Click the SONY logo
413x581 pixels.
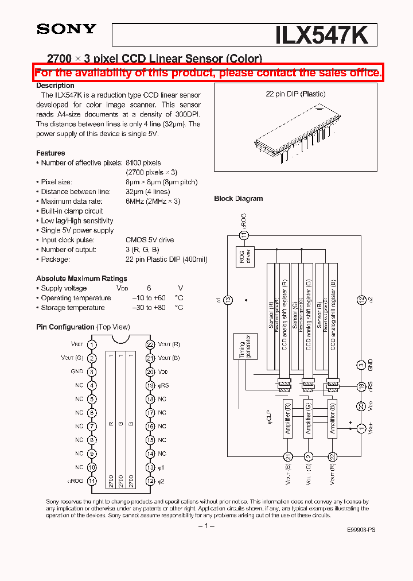pyautogui.click(x=67, y=29)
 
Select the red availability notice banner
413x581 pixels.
pyautogui.click(x=208, y=73)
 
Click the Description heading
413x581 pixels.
pyautogui.click(x=55, y=86)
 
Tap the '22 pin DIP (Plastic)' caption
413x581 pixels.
pyautogui.click(x=295, y=94)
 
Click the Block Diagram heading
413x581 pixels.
pyautogui.click(x=238, y=199)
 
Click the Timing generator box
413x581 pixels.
pyautogui.click(x=246, y=347)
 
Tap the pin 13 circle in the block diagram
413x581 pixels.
pyautogui.click(x=228, y=299)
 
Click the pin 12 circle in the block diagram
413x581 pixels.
pyautogui.click(x=361, y=299)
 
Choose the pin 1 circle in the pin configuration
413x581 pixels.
pyautogui.click(x=92, y=344)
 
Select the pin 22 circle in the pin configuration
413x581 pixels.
pyautogui.click(x=150, y=344)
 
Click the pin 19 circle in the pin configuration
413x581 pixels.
pyautogui.click(x=150, y=385)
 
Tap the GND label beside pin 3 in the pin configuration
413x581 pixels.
pyautogui.click(x=77, y=371)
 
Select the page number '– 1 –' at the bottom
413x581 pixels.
pyautogui.click(x=206, y=526)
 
